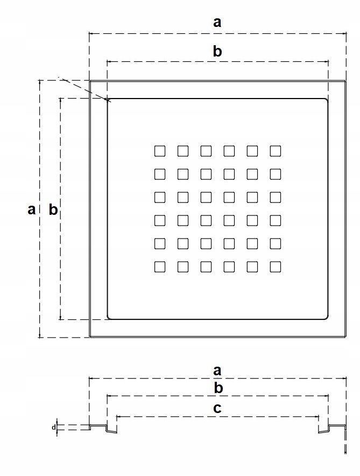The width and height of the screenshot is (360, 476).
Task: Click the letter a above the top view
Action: (217, 23)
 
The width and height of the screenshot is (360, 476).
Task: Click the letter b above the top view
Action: (217, 52)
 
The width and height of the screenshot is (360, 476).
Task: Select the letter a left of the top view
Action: (32, 209)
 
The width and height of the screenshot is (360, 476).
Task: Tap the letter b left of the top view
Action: (53, 209)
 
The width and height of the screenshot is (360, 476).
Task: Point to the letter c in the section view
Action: (217, 408)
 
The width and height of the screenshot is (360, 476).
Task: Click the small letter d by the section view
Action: (53, 428)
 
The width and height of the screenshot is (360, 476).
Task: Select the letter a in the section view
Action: (217, 370)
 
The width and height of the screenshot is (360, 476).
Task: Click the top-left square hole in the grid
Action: (159, 151)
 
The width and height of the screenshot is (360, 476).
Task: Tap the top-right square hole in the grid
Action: (276, 151)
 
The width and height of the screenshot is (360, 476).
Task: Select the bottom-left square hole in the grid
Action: (159, 267)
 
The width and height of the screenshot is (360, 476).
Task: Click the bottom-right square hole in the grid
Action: (276, 267)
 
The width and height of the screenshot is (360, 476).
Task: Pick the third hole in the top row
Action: (206, 151)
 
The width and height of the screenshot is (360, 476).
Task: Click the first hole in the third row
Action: (159, 197)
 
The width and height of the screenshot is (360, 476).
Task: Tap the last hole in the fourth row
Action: (276, 220)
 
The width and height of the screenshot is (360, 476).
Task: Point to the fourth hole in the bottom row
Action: (229, 267)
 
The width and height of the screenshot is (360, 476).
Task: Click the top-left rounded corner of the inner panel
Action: (110, 101)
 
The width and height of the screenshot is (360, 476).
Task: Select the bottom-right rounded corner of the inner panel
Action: (326, 317)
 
